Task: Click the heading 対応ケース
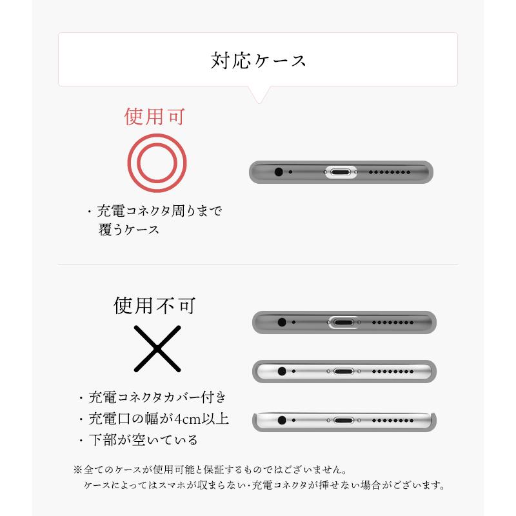258,61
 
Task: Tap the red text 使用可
155,117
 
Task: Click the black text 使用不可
155,304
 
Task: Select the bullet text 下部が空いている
143,441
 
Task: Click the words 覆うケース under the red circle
129,230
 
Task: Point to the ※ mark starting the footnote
79,469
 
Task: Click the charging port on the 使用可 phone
341,172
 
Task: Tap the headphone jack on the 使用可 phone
279,172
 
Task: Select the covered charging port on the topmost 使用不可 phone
343,321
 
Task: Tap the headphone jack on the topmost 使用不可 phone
281,321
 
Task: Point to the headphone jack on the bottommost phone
281,419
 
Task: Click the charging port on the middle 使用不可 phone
343,372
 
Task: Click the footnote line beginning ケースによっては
264,484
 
